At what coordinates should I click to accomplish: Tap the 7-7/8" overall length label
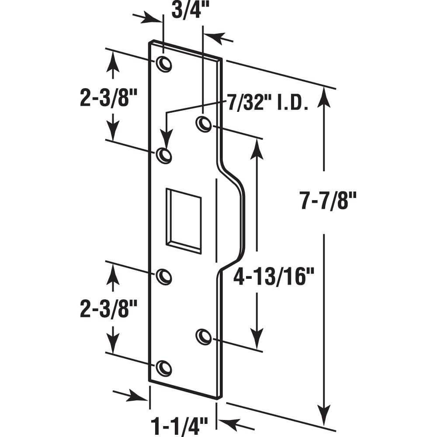coord(329,201)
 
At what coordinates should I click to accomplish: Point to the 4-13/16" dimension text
coord(274,277)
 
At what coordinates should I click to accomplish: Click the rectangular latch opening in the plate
coord(184,221)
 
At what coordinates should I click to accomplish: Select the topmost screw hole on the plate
coord(164,64)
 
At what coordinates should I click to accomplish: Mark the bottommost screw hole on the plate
coord(164,368)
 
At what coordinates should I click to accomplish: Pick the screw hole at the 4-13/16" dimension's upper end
coord(203,124)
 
